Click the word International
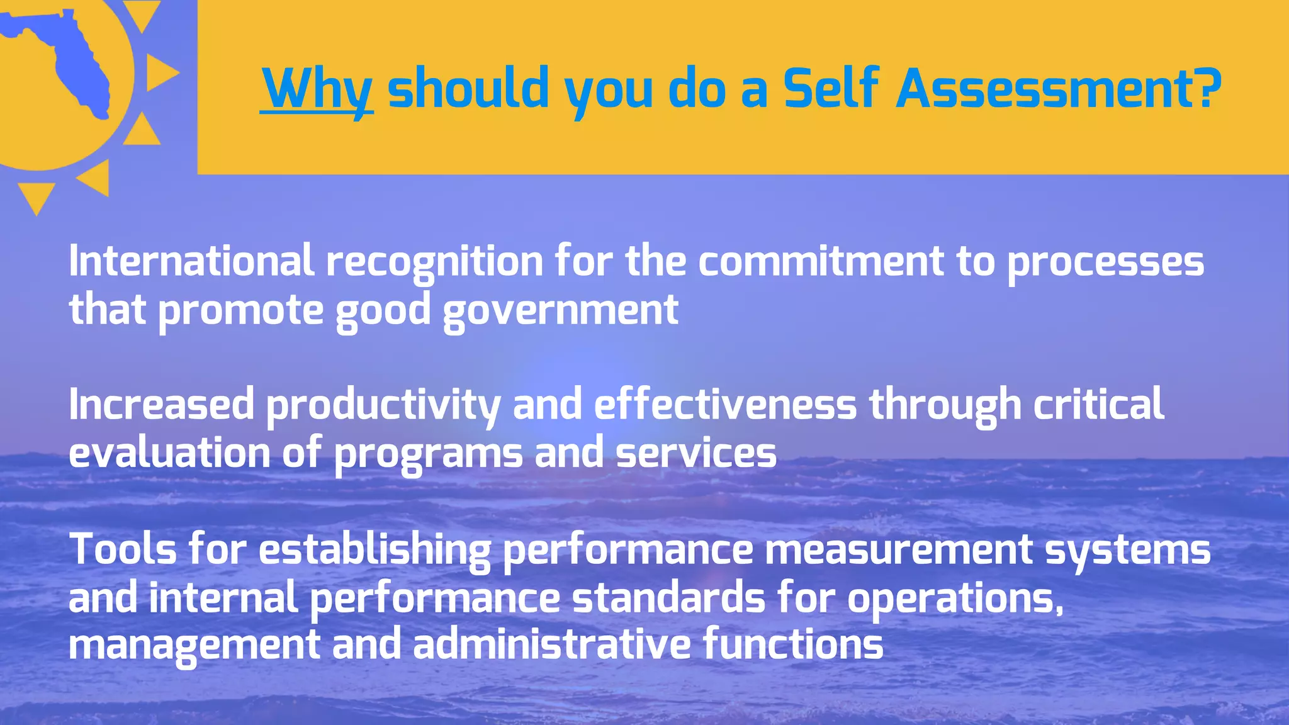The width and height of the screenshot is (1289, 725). click(191, 261)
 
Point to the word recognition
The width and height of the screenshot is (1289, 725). click(434, 262)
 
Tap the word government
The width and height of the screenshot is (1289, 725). click(560, 311)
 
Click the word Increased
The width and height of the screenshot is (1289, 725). click(161, 404)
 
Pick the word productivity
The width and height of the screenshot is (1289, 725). click(383, 405)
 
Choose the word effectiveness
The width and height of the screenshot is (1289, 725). click(725, 404)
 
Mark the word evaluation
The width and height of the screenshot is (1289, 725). click(169, 453)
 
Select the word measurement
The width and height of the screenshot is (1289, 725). click(898, 549)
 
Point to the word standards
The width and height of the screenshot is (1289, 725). click(668, 598)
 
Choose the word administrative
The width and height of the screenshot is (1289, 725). click(552, 644)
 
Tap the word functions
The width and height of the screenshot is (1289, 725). click(793, 644)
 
